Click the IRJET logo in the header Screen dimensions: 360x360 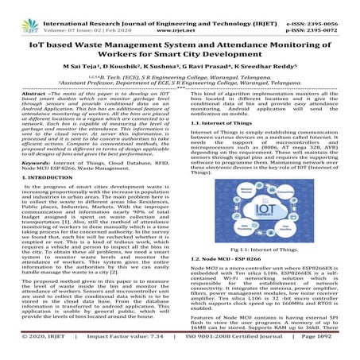tap(21, 12)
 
